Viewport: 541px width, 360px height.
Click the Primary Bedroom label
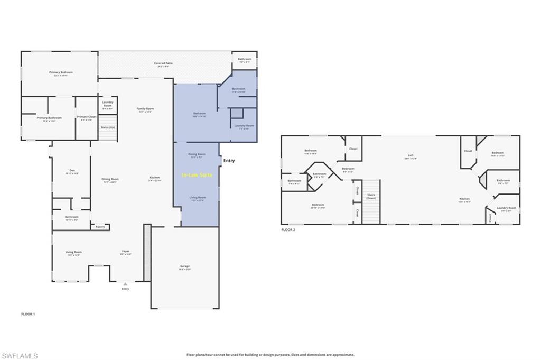point(61,73)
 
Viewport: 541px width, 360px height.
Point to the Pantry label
point(100,227)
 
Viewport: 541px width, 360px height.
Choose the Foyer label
point(126,252)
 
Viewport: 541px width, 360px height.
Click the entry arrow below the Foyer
point(125,284)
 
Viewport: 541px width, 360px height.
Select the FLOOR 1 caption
point(28,314)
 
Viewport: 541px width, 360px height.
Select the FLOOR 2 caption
point(288,230)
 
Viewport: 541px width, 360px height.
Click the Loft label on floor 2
point(411,156)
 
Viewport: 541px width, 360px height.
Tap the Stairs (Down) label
point(371,196)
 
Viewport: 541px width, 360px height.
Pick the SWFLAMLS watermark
point(20,356)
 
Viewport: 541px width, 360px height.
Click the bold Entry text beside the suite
point(229,161)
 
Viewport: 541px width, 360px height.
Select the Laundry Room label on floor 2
point(506,209)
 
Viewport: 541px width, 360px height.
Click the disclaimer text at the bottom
point(270,355)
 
